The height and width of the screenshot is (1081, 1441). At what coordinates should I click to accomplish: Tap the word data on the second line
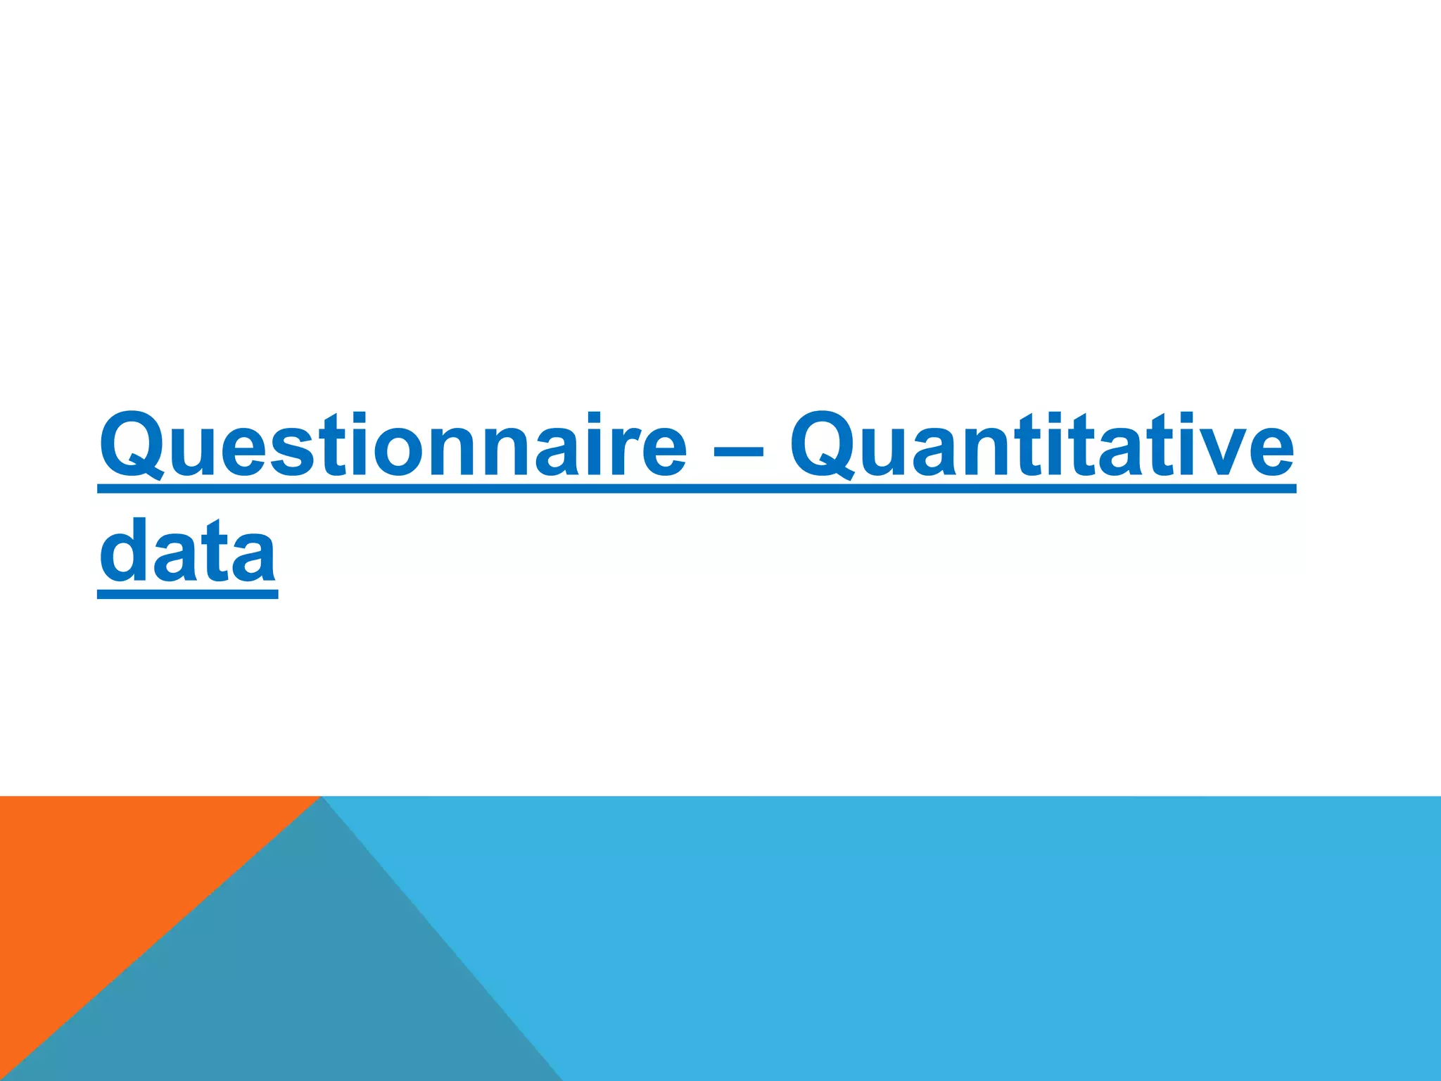[x=187, y=552]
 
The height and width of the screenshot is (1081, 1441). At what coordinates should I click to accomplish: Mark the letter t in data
[x=215, y=552]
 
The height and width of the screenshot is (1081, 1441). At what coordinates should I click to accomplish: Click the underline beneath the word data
[x=187, y=595]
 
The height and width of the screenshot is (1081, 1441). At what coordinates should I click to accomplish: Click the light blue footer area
[x=985, y=936]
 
